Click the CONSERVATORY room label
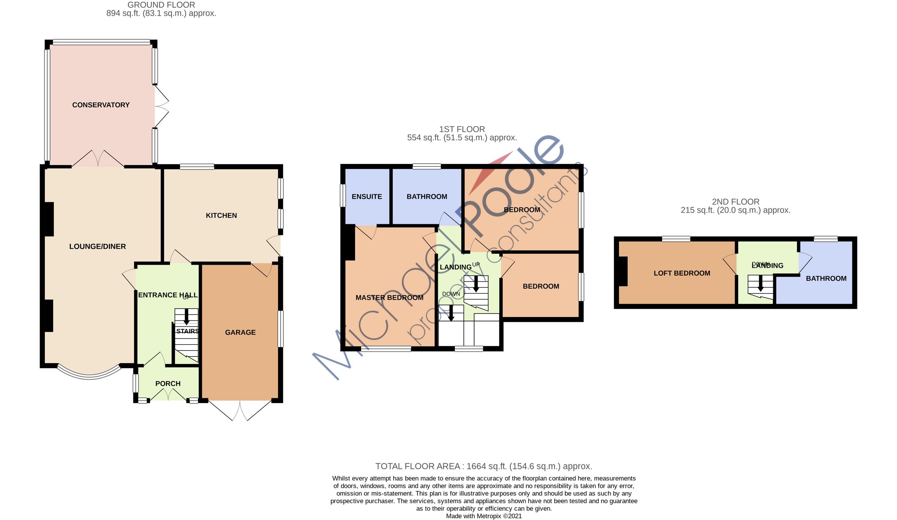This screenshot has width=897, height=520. click(x=101, y=105)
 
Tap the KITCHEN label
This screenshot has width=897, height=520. click(x=221, y=215)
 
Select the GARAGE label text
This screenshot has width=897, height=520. click(x=240, y=332)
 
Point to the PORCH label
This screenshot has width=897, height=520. click(x=168, y=383)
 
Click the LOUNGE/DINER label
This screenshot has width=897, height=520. click(x=98, y=246)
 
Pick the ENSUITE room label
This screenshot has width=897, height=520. click(x=367, y=197)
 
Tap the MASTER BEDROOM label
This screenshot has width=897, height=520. click(x=389, y=298)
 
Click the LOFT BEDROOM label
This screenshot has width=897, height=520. click(x=682, y=273)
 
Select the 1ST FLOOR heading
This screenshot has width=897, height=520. click(x=462, y=129)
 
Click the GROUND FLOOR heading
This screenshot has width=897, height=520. click(x=161, y=5)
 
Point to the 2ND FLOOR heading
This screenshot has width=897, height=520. click(x=736, y=202)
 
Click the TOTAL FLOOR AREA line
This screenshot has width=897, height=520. click(x=484, y=466)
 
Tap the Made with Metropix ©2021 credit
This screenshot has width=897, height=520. click(x=484, y=516)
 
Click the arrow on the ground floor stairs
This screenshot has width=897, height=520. click(x=186, y=317)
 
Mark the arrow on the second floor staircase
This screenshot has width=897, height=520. click(x=760, y=284)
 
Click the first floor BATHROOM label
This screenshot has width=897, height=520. click(x=427, y=197)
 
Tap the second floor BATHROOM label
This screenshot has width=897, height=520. click(x=826, y=278)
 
